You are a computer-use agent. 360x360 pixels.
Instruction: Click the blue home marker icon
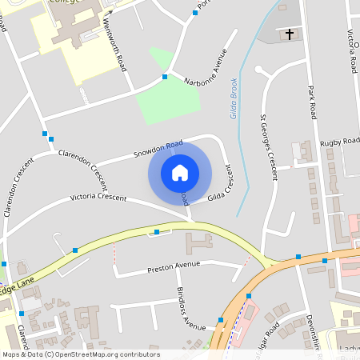(180, 172)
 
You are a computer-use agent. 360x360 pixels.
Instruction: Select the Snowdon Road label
(153, 150)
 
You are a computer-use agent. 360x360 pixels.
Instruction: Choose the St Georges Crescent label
(270, 140)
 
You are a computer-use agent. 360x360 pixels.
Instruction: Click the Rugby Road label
(340, 142)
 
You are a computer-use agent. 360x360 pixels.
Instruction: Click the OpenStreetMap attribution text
(80, 354)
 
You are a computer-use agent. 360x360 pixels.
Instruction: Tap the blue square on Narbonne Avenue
(165, 77)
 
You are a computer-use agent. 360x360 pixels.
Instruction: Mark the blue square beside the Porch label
(195, 14)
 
